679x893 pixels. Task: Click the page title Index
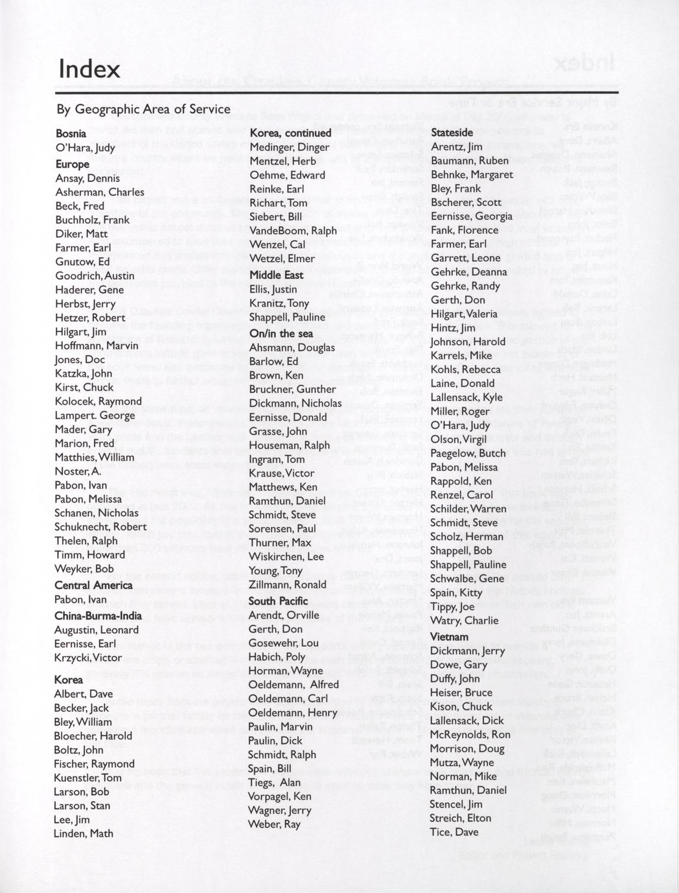[x=89, y=69]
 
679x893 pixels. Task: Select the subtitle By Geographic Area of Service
[x=143, y=109]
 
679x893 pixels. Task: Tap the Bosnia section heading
[x=71, y=133]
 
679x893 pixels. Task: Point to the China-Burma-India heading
[x=98, y=615]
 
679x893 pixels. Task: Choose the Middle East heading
[x=276, y=275]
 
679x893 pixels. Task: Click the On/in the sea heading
[x=281, y=333]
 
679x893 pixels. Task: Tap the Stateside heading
[x=452, y=133]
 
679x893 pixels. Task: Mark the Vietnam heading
[x=449, y=637]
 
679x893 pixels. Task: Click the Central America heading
[x=93, y=585]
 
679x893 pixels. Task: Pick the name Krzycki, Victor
[x=88, y=657]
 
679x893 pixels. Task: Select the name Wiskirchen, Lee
[x=286, y=556]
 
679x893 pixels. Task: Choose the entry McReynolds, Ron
[x=470, y=734]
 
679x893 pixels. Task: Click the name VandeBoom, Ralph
[x=293, y=231]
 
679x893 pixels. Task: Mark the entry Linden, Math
[x=84, y=833]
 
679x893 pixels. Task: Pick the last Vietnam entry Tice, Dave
[x=454, y=832]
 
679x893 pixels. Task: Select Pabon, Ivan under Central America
[x=81, y=600]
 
